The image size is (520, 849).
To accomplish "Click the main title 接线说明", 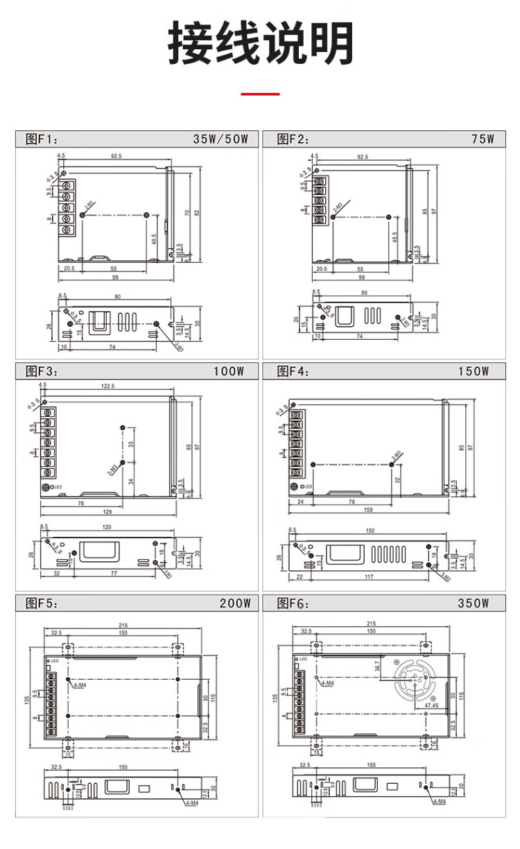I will [260, 44].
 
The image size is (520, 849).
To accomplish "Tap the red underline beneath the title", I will [260, 94].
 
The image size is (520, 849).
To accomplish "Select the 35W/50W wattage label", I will [225, 139].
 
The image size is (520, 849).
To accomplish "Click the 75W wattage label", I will [483, 139].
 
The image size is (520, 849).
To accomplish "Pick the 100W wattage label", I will [229, 371].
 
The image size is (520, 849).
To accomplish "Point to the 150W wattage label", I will [474, 371].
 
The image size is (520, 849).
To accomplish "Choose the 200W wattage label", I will [235, 603].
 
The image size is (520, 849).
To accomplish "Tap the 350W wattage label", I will [474, 603].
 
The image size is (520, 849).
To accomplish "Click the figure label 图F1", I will [39, 139].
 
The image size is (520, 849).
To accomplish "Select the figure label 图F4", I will [293, 371].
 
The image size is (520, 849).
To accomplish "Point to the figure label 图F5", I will [39, 603].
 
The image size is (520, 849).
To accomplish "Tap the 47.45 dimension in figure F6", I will [431, 705].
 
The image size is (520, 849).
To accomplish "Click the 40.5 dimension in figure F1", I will [153, 238].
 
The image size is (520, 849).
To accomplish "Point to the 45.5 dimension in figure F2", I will [394, 238].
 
